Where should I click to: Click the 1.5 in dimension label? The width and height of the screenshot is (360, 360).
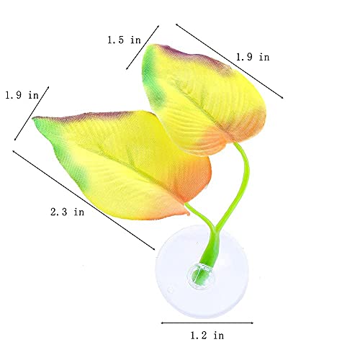coord(124,40)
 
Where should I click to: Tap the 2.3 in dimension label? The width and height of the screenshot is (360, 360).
coord(68,212)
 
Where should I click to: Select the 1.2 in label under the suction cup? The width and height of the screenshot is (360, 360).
coord(207,336)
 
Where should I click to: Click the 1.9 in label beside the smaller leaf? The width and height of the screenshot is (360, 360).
coord(253,57)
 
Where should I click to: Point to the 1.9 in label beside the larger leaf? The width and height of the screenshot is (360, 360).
coord(22,95)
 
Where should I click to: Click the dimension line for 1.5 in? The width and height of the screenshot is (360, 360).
coord(143,48)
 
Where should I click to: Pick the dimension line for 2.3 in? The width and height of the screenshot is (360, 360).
coord(84,200)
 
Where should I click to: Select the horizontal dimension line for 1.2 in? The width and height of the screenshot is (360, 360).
coord(207,323)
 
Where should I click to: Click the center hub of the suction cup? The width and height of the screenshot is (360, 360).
coord(201,276)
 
